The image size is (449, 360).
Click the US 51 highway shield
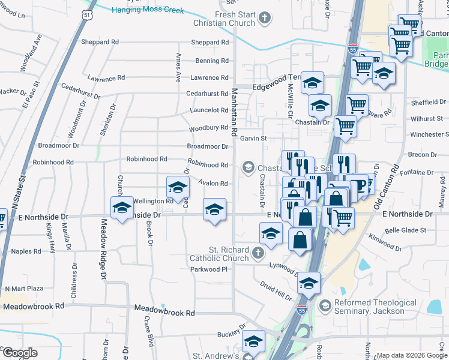[88, 15]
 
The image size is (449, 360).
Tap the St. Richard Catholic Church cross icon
[258, 253]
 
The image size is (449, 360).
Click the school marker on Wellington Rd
[177, 188]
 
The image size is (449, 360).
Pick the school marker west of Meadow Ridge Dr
[122, 208]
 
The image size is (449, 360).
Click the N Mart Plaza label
[22, 289]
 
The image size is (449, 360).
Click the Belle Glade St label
[405, 230]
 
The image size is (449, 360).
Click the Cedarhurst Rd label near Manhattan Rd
[207, 94]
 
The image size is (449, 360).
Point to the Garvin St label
[253, 138]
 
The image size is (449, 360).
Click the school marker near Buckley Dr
[254, 341]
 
